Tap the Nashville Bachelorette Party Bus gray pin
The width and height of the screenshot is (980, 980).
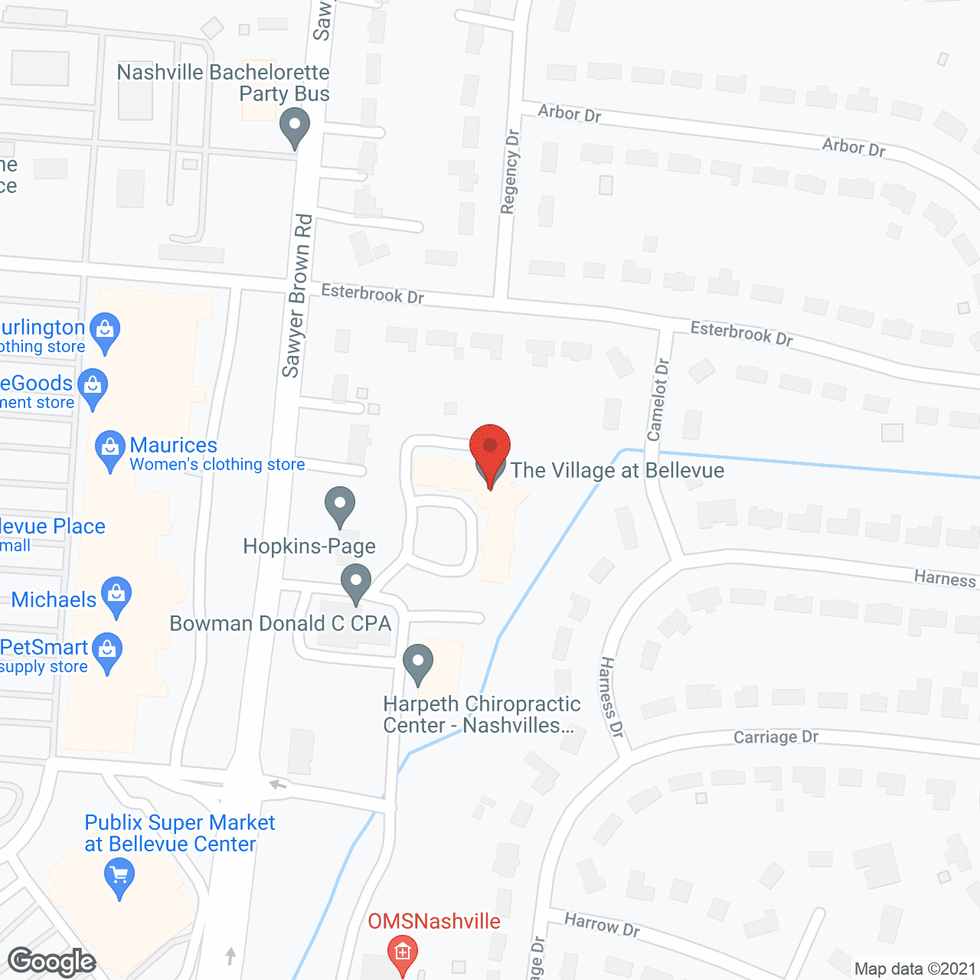tap(294, 127)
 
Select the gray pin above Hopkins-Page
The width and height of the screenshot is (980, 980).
tap(340, 505)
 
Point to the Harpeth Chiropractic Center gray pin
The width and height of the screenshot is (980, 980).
tap(418, 663)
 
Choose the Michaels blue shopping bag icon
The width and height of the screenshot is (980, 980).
tap(116, 596)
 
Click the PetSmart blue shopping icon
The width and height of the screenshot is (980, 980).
tap(107, 652)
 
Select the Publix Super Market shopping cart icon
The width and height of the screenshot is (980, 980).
tap(119, 877)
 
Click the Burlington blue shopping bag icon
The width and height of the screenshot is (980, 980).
tap(105, 332)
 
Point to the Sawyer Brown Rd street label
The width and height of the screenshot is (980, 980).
tap(297, 296)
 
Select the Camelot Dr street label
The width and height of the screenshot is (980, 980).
tap(658, 400)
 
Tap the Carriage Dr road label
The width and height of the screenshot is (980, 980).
tap(776, 737)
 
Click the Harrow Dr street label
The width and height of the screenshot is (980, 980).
tap(602, 924)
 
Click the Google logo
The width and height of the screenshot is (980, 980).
tap(51, 962)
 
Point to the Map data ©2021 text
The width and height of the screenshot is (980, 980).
tap(915, 969)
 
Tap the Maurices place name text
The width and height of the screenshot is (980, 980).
tap(174, 445)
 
